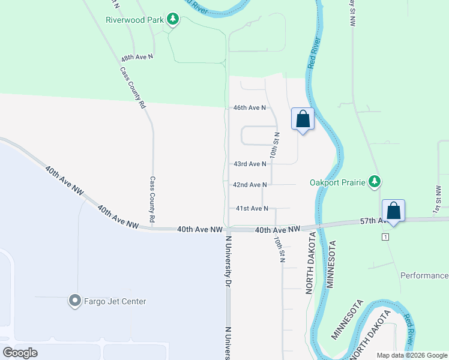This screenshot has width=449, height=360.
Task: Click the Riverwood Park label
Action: [x=134, y=20]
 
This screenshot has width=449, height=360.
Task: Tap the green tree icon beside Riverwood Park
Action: [x=173, y=20]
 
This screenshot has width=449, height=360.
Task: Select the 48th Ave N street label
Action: [x=137, y=58]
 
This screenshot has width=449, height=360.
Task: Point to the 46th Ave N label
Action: [x=250, y=108]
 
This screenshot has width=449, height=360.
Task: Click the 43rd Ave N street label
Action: [x=250, y=164]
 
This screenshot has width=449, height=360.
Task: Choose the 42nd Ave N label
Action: [x=250, y=185]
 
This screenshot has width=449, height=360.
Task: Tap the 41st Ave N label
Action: [x=252, y=208]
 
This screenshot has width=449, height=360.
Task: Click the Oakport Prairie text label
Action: [x=337, y=182]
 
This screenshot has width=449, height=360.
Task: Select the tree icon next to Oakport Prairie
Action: [x=375, y=181]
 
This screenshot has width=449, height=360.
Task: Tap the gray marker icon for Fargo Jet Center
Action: [x=74, y=301]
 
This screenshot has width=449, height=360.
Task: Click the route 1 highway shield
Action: [x=384, y=238]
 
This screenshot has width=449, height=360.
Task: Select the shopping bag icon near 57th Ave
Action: [x=393, y=211]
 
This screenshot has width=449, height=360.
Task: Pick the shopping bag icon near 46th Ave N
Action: [x=303, y=119]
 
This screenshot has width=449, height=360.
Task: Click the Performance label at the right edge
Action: [x=424, y=275]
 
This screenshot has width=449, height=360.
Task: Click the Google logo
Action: [x=20, y=353]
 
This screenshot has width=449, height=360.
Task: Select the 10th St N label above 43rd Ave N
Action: [x=273, y=145]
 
